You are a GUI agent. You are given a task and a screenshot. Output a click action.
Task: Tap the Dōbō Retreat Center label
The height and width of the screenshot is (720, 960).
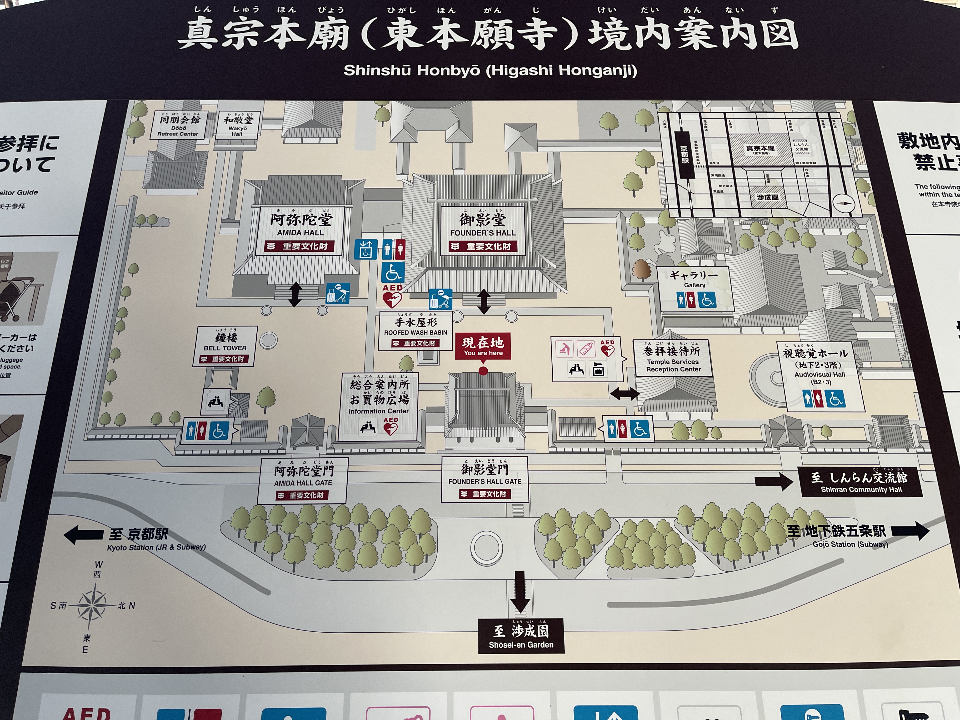coord(178,125)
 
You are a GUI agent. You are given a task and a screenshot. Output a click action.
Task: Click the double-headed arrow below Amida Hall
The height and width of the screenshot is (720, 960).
coord(295,294)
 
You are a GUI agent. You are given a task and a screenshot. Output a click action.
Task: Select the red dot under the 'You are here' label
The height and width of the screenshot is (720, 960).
coord(483,371)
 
